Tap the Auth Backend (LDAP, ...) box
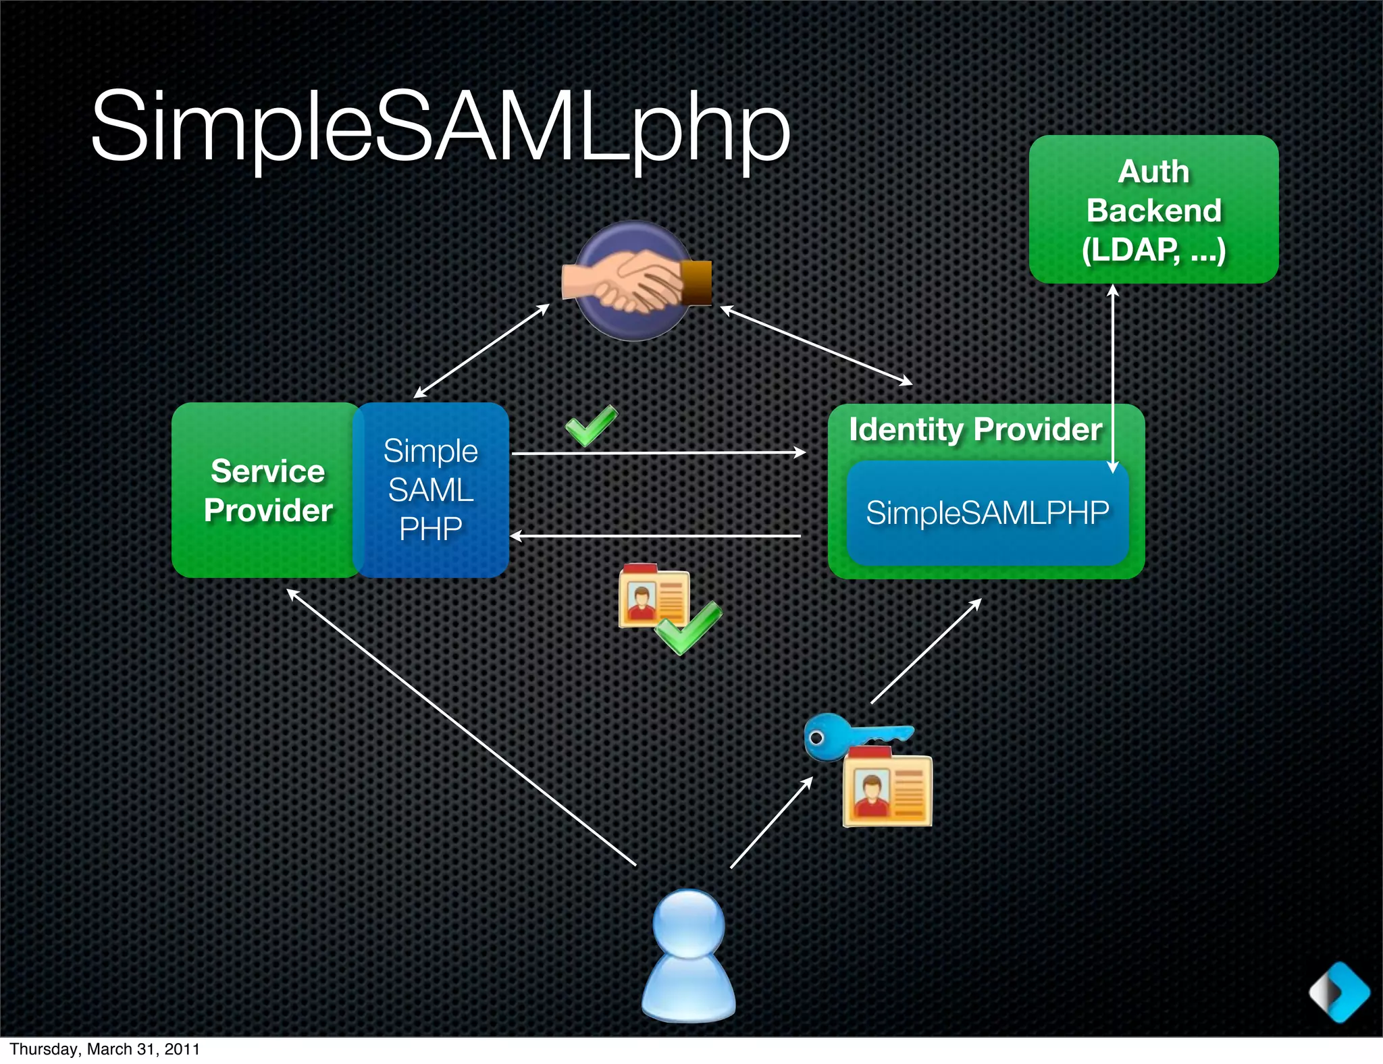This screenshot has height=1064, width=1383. pyautogui.click(x=1153, y=209)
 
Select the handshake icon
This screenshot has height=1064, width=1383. pyautogui.click(x=635, y=281)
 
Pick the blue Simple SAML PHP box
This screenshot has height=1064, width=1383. pyautogui.click(x=431, y=490)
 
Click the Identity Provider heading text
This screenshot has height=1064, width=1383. pyautogui.click(x=974, y=429)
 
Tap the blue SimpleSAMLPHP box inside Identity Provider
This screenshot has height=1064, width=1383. pyautogui.click(x=987, y=513)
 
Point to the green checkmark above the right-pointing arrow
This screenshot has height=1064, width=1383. pyautogui.click(x=591, y=425)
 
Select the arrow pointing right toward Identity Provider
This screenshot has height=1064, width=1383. pyautogui.click(x=658, y=453)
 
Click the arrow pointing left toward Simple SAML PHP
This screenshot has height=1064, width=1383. pyautogui.click(x=655, y=537)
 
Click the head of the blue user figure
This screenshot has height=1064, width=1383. pyautogui.click(x=689, y=924)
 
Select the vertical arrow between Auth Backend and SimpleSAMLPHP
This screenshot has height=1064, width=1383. pyautogui.click(x=1114, y=378)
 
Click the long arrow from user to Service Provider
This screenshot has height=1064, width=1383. pyautogui.click(x=461, y=727)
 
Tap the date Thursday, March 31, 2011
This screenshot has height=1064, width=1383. pyautogui.click(x=105, y=1049)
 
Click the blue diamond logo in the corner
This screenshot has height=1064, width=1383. pyautogui.click(x=1340, y=992)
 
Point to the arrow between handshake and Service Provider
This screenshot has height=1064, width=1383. pyautogui.click(x=481, y=351)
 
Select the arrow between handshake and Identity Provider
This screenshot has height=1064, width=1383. pyautogui.click(x=816, y=345)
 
